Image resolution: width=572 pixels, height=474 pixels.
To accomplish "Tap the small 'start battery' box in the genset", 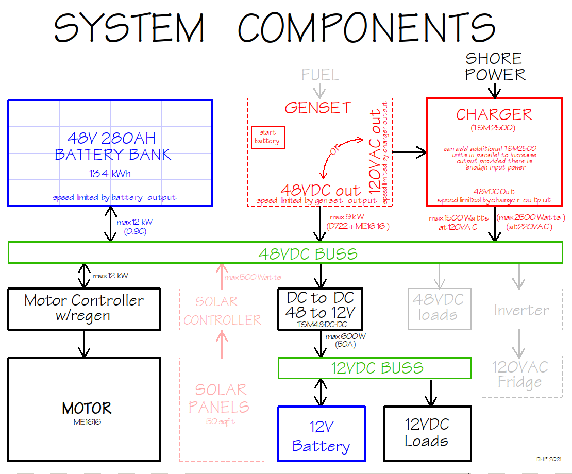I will coord(267,137).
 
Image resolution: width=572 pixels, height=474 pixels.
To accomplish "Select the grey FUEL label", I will coord(320,75).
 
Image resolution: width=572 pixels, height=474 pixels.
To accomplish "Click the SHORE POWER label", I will coord(495,66).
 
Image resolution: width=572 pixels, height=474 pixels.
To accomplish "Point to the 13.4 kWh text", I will coord(110,174).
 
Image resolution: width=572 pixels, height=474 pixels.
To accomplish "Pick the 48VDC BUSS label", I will coord(308,254).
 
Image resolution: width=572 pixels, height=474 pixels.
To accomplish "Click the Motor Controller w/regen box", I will coord(84,308).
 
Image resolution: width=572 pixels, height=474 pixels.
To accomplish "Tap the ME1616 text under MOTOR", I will coord(87,422).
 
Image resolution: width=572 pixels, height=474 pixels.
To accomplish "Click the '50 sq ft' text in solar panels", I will coord(221,421).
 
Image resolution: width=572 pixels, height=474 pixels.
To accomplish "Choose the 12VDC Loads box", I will coord(427,433).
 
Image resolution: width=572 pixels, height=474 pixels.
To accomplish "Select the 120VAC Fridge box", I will coord(521,375).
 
